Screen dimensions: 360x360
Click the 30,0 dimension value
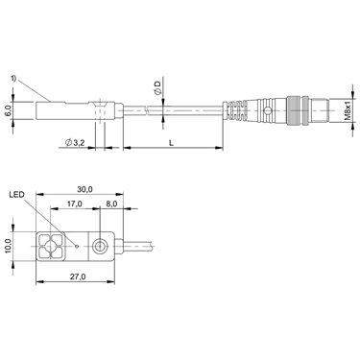pyautogui.click(x=84, y=189)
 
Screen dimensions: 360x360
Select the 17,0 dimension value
pyautogui.click(x=75, y=204)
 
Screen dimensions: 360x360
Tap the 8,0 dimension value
pyautogui.click(x=111, y=204)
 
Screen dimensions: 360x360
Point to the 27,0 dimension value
pyautogui.click(x=78, y=277)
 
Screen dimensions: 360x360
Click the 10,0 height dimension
pyautogui.click(x=8, y=247)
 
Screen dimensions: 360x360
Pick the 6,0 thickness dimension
pyautogui.click(x=8, y=110)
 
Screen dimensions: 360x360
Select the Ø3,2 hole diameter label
pyautogui.click(x=75, y=143)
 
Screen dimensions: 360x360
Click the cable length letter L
pyautogui.click(x=172, y=143)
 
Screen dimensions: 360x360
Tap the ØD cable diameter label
pyautogui.click(x=157, y=88)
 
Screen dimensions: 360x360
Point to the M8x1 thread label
pyautogui.click(x=348, y=109)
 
